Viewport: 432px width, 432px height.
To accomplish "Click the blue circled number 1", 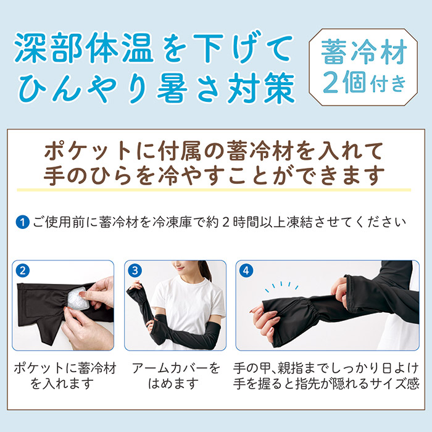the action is (23, 222).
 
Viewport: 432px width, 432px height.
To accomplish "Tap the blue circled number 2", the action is (23, 271).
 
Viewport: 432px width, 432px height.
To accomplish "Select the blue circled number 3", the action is (135, 271).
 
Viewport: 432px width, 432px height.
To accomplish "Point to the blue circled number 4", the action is (246, 271).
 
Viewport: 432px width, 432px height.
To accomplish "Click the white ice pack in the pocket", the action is (77, 298).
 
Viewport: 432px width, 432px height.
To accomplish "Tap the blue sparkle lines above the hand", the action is (281, 286).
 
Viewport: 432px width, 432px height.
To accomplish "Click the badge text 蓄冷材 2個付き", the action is (363, 67).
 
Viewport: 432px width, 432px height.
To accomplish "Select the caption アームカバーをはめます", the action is (176, 376).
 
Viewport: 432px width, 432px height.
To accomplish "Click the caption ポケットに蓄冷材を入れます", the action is (65, 376).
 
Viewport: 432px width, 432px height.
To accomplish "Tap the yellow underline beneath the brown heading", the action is (214, 190).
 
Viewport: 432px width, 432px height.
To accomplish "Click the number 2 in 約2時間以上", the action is (226, 222).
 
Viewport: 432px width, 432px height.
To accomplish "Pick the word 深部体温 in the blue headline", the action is (85, 48).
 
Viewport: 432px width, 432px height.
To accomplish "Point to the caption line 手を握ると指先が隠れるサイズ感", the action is (326, 383).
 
